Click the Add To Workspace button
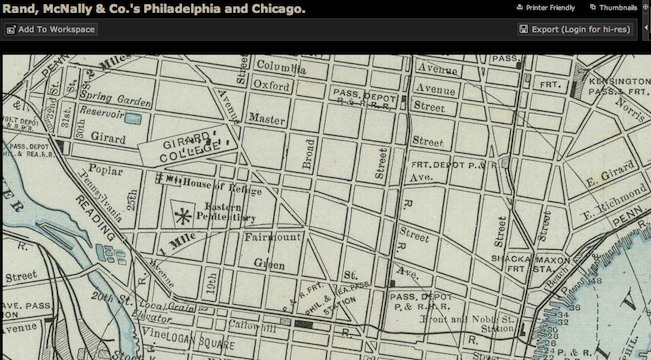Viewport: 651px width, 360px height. (x=50, y=30)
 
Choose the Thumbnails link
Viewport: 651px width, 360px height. (x=618, y=7)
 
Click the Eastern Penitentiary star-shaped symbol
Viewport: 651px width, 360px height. (x=182, y=213)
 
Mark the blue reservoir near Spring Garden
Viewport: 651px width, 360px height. (x=133, y=118)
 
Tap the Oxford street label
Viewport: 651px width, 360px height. (x=272, y=87)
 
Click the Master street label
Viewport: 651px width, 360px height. (x=266, y=118)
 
